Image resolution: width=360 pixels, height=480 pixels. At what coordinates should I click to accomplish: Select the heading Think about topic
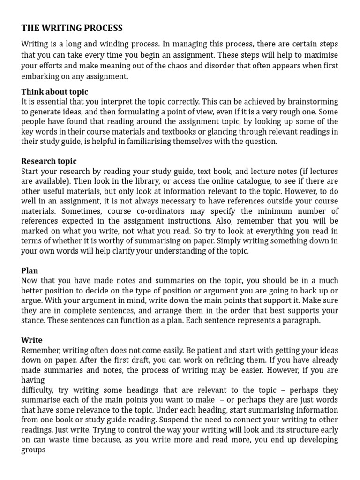[54, 91]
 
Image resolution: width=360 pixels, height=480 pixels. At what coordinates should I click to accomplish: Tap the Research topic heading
[49, 161]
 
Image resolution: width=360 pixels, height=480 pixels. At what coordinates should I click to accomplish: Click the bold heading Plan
[30, 270]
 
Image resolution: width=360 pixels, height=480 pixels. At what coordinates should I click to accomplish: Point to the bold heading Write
[31, 340]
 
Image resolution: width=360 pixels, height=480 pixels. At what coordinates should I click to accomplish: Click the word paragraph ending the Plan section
[302, 321]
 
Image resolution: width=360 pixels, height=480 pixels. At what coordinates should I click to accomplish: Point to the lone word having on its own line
[33, 380]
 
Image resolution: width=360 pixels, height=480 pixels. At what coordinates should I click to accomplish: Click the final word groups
[33, 450]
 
